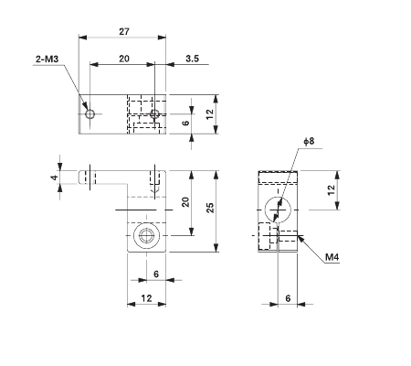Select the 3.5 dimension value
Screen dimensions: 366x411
[192, 58]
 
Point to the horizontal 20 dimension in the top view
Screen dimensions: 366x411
[122, 58]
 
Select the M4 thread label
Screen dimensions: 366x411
[334, 258]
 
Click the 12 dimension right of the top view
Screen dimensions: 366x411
[210, 113]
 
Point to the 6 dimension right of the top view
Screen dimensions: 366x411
[186, 123]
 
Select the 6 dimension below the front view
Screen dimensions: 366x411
[155, 274]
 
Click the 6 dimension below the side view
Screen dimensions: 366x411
[288, 298]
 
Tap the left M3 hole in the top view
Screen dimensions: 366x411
[90, 114]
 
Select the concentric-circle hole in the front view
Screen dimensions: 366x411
[144, 237]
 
